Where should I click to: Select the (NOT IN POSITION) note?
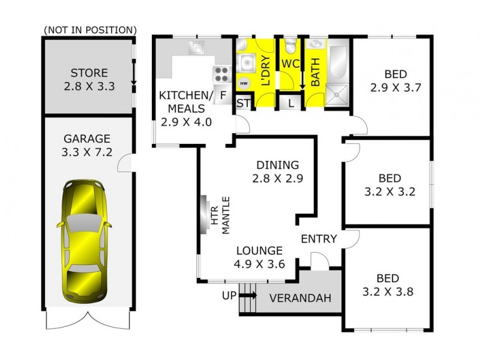click(x=90, y=29)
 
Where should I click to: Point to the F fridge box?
click(x=223, y=95)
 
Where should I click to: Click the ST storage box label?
click(x=244, y=103)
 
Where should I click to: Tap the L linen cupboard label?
click(x=291, y=103)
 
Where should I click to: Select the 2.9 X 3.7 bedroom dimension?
click(x=395, y=87)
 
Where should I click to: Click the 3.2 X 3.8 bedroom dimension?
click(x=389, y=292)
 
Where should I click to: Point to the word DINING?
click(x=277, y=165)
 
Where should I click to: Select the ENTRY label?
click(x=319, y=239)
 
